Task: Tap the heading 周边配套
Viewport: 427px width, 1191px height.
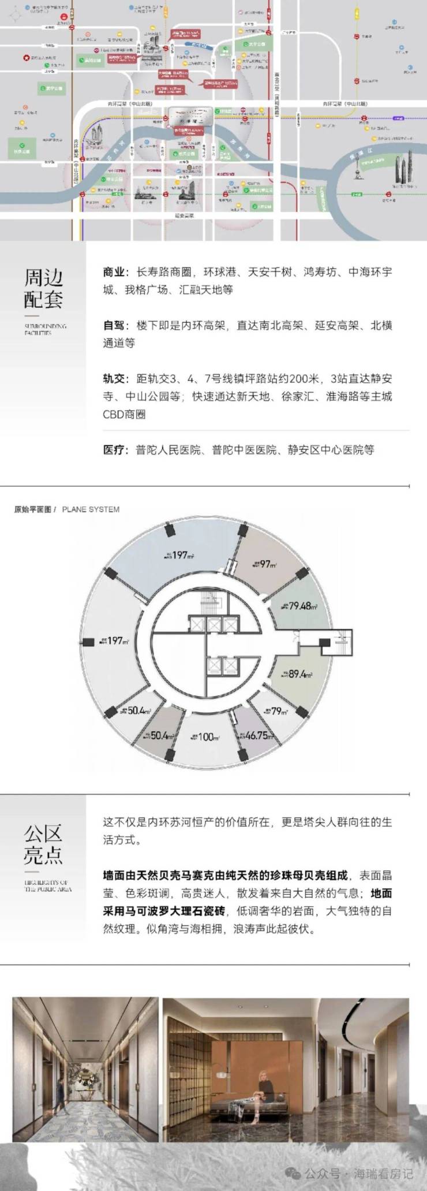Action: (x=43, y=288)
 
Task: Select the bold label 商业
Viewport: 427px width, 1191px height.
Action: (x=114, y=272)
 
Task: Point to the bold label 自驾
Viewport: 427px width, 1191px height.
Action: (x=114, y=325)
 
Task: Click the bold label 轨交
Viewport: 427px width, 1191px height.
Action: (x=114, y=379)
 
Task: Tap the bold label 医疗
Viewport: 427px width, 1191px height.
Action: (x=114, y=449)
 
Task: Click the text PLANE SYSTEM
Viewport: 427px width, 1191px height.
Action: (x=91, y=509)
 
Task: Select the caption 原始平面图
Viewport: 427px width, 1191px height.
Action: (x=32, y=509)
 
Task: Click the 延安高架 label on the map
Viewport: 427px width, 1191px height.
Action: (x=185, y=216)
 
